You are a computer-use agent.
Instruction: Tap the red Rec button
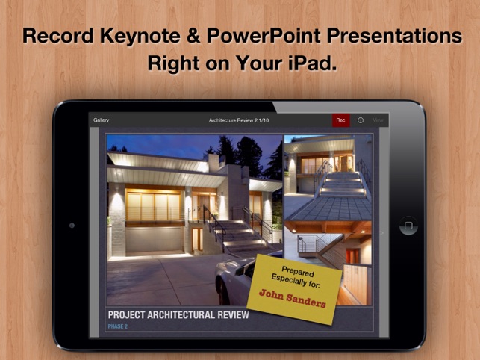[341, 120]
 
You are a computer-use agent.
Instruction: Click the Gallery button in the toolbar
[102, 120]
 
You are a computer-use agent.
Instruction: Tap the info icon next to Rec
[361, 120]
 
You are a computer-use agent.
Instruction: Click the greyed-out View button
[378, 120]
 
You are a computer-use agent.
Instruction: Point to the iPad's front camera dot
[72, 226]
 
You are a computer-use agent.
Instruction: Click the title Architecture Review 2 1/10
[239, 120]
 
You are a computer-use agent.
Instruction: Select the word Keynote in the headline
[140, 36]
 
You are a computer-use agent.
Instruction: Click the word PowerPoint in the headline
[264, 36]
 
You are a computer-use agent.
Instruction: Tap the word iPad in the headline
[312, 63]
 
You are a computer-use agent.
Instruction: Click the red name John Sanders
[293, 298]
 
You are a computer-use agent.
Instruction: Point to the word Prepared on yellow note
[298, 271]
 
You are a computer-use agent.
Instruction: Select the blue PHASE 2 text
[118, 326]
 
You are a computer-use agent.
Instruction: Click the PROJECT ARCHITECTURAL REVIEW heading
[178, 315]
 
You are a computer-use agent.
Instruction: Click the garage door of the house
[155, 240]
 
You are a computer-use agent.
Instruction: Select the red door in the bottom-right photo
[352, 256]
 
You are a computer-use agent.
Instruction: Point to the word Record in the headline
[58, 36]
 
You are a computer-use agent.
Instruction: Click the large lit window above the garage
[154, 205]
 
